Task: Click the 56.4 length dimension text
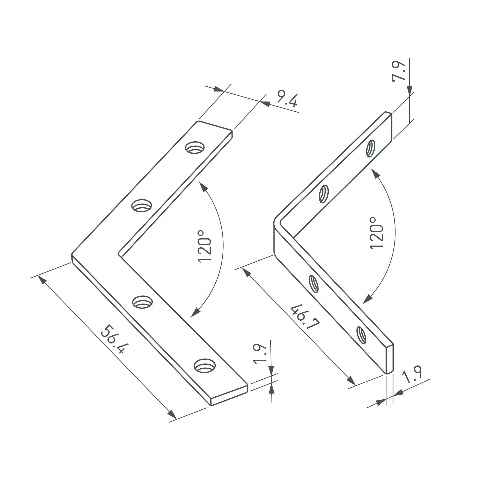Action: pyautogui.click(x=115, y=340)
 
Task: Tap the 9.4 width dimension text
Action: pyautogui.click(x=287, y=100)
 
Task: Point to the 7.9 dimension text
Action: pyautogui.click(x=399, y=71)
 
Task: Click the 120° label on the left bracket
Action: pyautogui.click(x=204, y=247)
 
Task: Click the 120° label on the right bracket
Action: pyautogui.click(x=377, y=233)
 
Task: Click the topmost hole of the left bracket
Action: pyautogui.click(x=195, y=148)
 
